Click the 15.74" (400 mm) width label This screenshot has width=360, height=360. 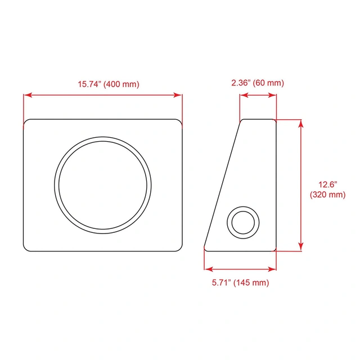[109, 84]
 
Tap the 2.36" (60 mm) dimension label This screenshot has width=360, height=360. [258, 83]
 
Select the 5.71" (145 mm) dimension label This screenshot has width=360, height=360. [240, 282]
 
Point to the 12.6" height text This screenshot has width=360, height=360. [327, 184]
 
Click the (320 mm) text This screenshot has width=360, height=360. [327, 195]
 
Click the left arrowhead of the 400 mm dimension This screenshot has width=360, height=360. [28, 95]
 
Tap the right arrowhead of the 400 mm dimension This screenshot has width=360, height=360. [178, 95]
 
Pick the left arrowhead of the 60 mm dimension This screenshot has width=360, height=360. [244, 95]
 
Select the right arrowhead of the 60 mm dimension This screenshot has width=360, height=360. [272, 95]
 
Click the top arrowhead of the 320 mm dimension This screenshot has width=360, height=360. [301, 124]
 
